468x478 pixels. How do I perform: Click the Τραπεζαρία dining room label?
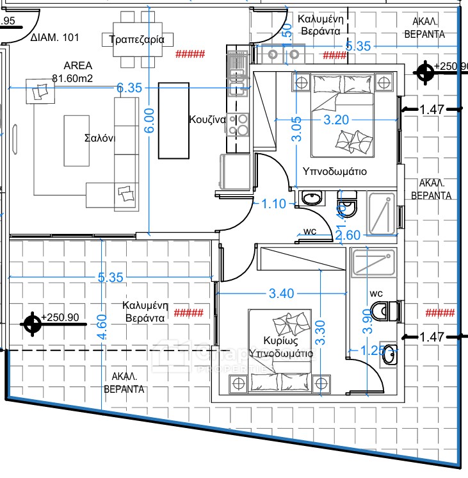[137, 39]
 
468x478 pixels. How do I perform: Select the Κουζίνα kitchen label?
[207, 119]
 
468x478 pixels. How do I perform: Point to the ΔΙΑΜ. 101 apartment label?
[55, 38]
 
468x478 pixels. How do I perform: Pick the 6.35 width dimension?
[129, 88]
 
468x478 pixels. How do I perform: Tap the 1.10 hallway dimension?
[275, 205]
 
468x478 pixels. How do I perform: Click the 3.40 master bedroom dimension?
[282, 293]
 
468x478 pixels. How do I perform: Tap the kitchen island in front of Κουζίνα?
[174, 120]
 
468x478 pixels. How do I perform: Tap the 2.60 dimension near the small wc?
[348, 236]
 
